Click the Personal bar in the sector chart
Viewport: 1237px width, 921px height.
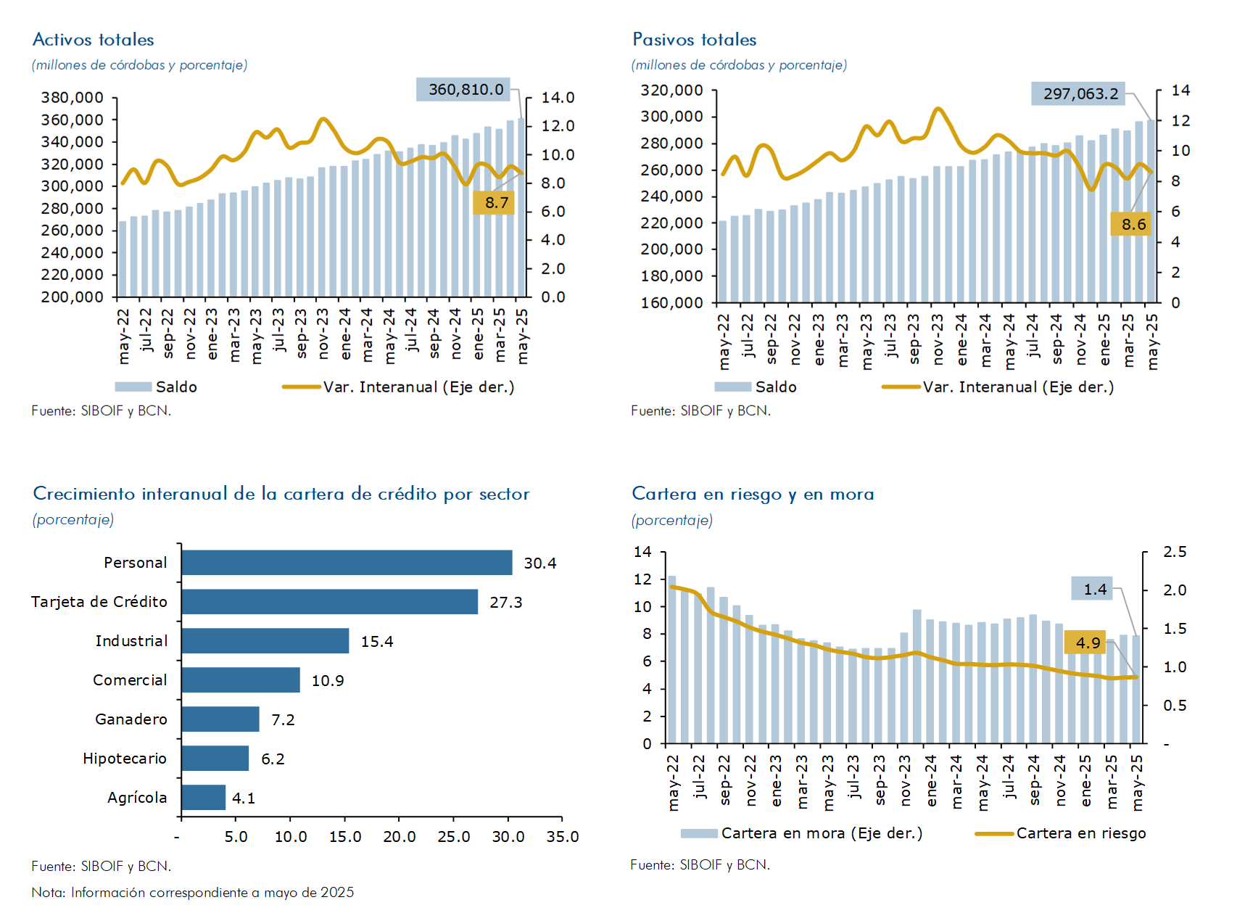click(347, 563)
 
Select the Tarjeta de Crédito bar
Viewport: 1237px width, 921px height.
click(329, 602)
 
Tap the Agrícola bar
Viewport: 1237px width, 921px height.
click(203, 798)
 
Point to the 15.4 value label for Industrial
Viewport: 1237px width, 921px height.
click(377, 642)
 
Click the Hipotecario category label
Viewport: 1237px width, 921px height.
click(125, 759)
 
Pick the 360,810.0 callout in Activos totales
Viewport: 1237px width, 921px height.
click(465, 90)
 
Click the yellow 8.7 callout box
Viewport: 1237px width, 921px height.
click(496, 203)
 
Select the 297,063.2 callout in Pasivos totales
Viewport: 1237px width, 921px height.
click(1080, 94)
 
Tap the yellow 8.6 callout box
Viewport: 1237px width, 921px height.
click(1133, 225)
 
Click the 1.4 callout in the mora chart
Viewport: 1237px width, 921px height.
click(1094, 590)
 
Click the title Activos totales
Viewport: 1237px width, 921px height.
click(94, 40)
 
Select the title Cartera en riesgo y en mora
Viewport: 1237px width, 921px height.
click(753, 494)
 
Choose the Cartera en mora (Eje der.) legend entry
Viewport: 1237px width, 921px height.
click(802, 833)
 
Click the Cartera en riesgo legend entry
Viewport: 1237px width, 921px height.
click(1062, 833)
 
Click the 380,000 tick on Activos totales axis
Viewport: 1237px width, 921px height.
click(73, 98)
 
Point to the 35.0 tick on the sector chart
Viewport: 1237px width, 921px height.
click(563, 837)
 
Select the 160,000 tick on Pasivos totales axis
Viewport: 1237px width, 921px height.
click(672, 303)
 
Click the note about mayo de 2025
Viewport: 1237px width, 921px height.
click(193, 893)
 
